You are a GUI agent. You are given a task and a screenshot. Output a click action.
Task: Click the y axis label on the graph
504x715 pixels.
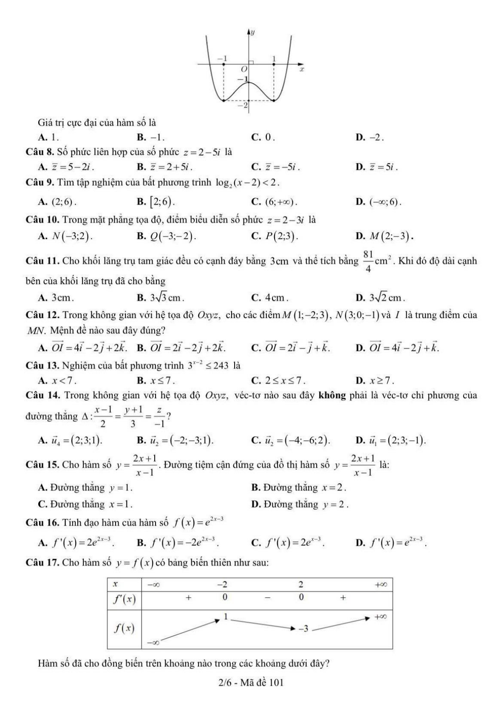pos(252,32)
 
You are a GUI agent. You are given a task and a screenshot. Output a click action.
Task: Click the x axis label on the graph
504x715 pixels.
pos(302,68)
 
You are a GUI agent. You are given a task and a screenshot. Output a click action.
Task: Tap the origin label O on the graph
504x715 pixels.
pos(244,69)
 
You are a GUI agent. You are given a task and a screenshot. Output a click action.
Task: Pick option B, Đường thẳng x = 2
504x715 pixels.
pos(299,487)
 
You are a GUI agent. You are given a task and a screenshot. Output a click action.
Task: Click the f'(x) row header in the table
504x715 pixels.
pos(124,599)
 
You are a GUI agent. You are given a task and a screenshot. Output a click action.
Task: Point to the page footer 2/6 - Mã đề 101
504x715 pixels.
pos(251,682)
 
